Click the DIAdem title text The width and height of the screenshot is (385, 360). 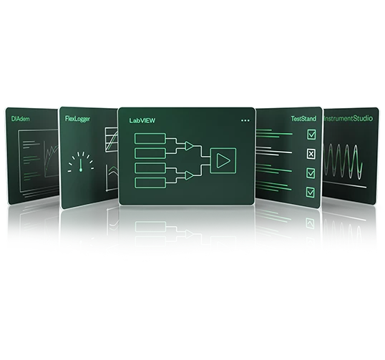coord(20,119)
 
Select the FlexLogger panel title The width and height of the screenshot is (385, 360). coord(77,119)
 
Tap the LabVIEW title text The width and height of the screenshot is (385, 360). coord(142,120)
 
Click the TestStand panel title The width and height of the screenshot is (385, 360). coord(303,119)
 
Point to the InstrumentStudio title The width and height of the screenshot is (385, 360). coord(349,119)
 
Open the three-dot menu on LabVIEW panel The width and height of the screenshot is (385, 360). coord(245,120)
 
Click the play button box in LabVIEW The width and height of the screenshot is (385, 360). coord(223,160)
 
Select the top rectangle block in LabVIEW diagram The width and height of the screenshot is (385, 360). coord(150,139)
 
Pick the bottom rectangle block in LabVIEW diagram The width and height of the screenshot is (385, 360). coord(150,183)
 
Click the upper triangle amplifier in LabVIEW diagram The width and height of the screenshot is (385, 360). coord(189,146)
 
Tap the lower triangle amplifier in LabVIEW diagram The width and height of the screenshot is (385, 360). coord(189,175)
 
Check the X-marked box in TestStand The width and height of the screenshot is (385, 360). coord(311,154)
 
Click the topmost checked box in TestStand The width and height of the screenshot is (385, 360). coord(311,135)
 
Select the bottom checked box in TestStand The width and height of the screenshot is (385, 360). coord(311,193)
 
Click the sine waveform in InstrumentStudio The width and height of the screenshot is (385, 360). coord(343,161)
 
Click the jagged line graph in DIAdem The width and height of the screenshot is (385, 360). coord(52,157)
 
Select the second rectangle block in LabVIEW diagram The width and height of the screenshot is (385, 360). coord(150,153)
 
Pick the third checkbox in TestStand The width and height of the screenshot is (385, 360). coord(311,173)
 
